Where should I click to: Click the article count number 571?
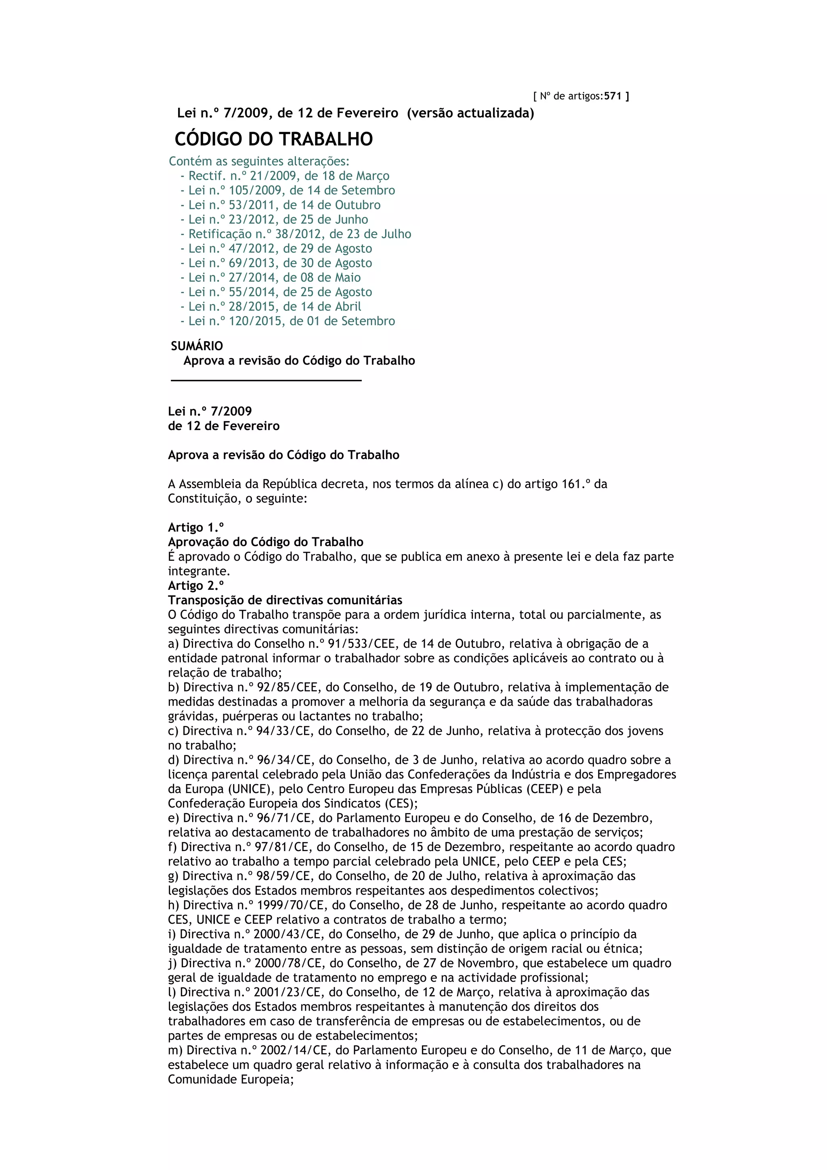[x=613, y=96]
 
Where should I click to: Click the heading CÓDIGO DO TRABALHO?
[x=274, y=139]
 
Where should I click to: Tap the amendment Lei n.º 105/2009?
[x=292, y=191]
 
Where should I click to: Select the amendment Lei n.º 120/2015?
[x=292, y=321]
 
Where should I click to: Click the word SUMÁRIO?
[x=197, y=346]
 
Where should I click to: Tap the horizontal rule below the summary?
[x=266, y=380]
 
